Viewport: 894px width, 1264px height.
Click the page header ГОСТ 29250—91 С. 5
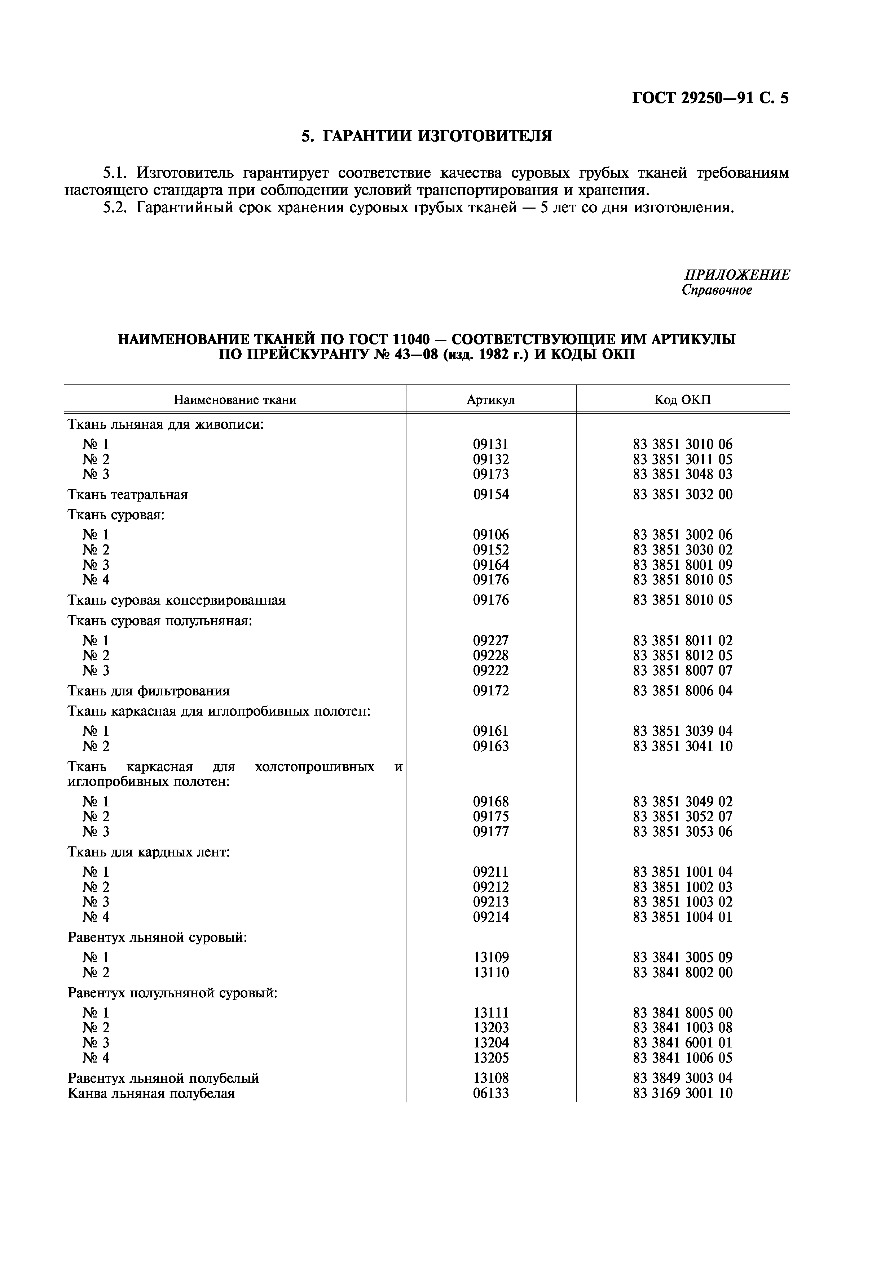point(710,98)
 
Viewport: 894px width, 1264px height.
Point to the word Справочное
point(716,290)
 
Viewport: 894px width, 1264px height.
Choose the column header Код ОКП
point(682,400)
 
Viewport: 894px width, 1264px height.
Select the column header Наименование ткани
point(235,400)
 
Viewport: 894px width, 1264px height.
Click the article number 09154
point(491,494)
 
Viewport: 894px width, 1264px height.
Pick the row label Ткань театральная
point(127,494)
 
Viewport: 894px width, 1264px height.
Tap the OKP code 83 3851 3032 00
point(682,494)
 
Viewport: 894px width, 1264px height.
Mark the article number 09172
point(491,690)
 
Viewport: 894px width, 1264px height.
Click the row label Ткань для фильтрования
point(148,690)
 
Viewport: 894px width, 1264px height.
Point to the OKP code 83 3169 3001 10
point(682,1093)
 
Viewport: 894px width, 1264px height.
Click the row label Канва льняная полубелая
point(151,1093)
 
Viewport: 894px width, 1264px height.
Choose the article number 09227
point(491,640)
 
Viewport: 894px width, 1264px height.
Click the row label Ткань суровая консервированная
point(176,600)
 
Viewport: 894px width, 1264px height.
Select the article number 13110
point(491,972)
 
